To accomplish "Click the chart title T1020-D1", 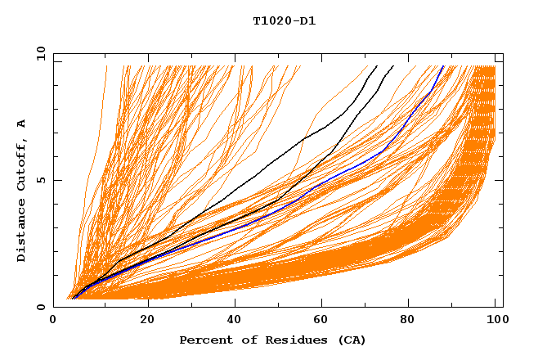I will click(284, 20).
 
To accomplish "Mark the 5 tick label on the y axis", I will click(41, 180).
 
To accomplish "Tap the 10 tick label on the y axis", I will click(38, 53).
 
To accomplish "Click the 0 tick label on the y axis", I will click(41, 307).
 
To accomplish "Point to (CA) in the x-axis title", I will click(352, 340).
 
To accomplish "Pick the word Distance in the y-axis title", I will click(22, 232).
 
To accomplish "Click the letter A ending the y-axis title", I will click(22, 124).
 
